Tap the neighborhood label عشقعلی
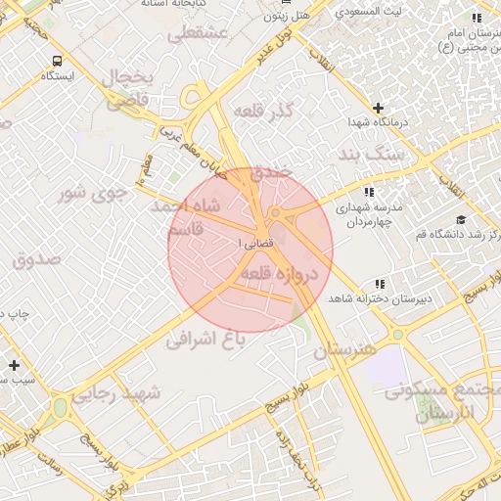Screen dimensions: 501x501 (199, 35)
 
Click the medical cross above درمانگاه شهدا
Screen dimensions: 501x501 (379, 107)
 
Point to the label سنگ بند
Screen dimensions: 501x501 (371, 155)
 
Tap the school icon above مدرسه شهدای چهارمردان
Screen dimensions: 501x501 (369, 192)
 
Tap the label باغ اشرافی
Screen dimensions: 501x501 (204, 339)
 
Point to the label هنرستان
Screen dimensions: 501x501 (345, 348)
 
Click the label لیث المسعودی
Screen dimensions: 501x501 (368, 13)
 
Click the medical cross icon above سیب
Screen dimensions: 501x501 (14, 365)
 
